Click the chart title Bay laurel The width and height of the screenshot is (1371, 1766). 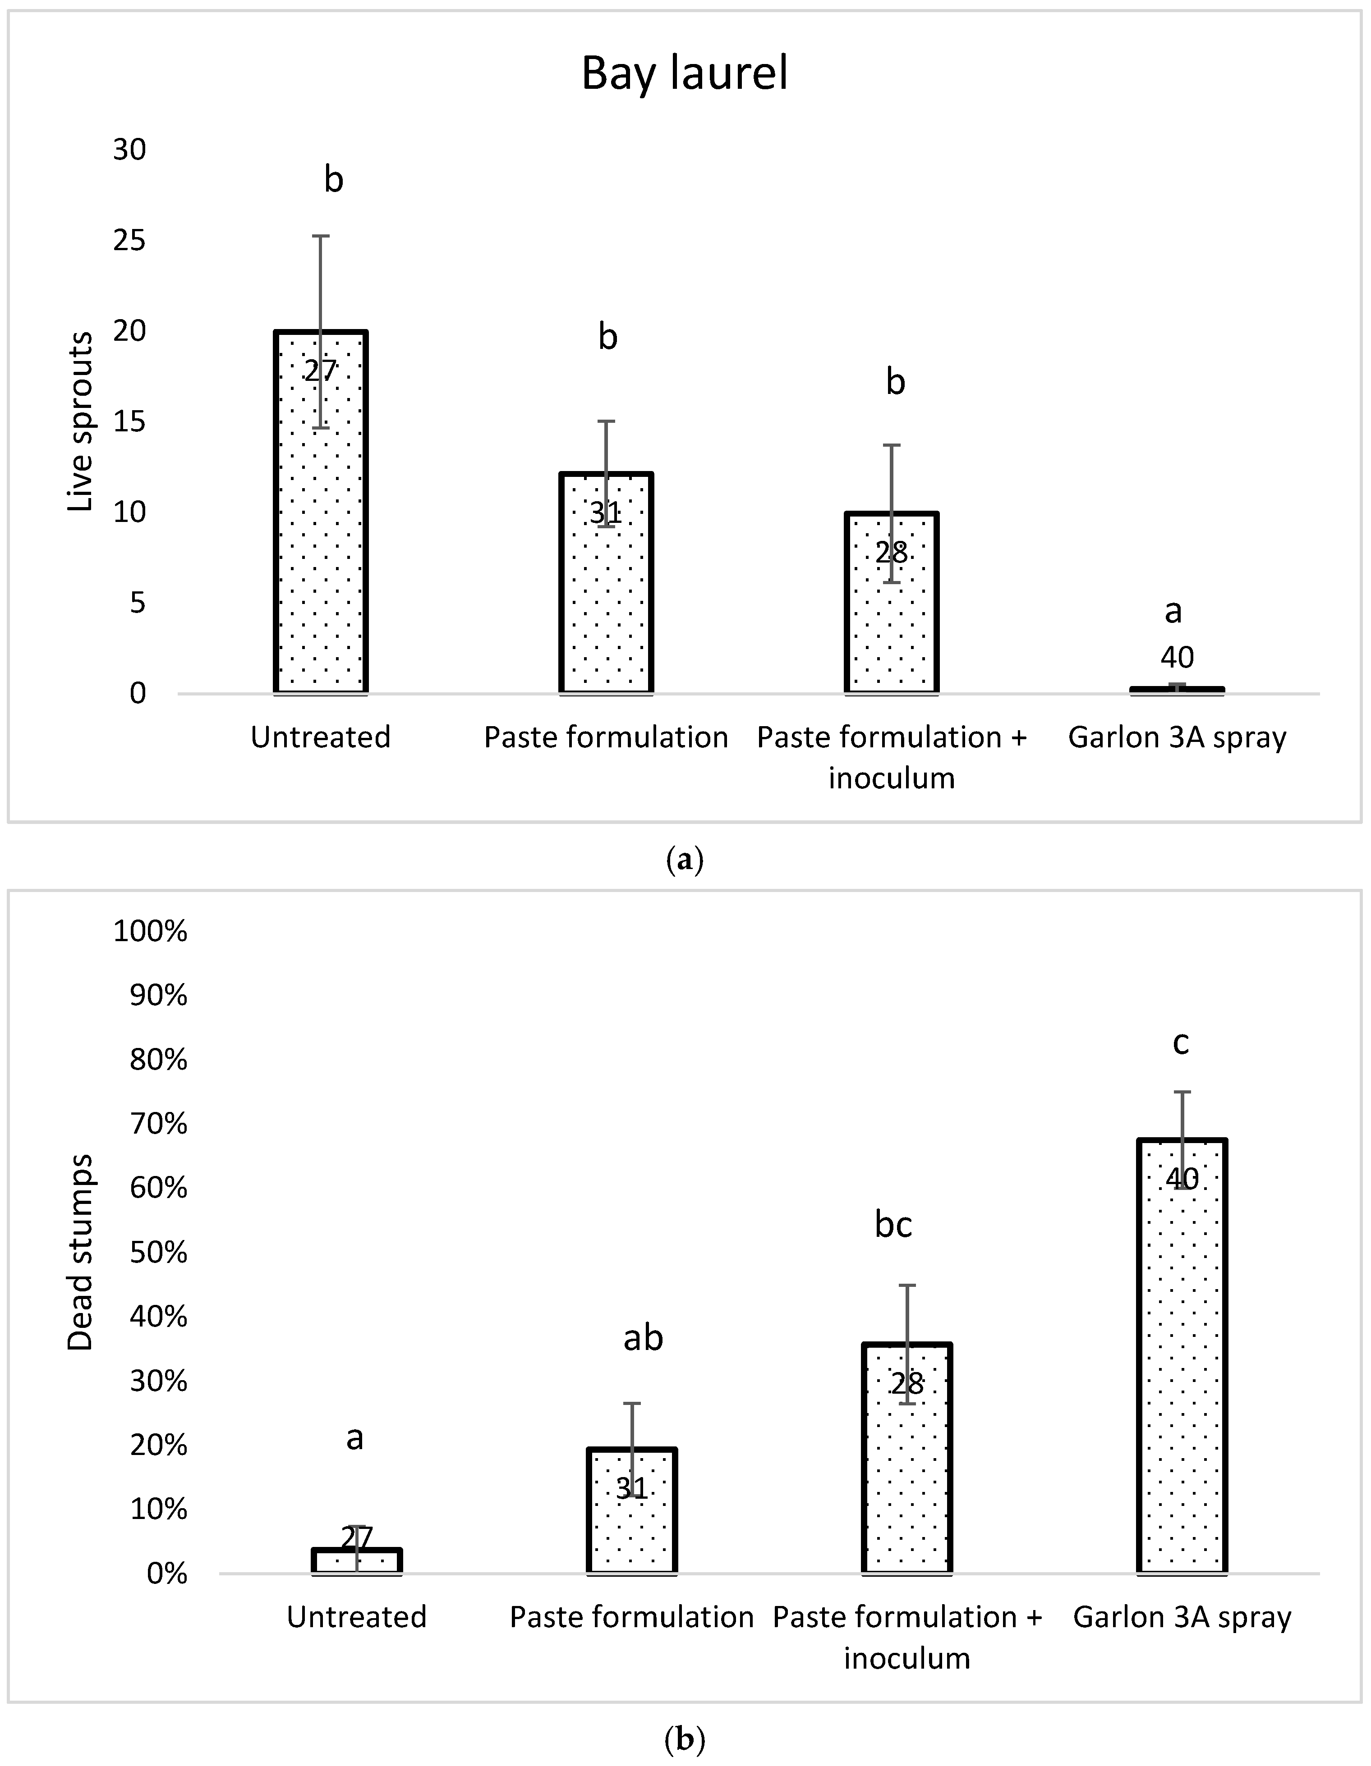pos(684,73)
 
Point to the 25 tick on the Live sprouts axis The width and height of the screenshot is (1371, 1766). pos(129,240)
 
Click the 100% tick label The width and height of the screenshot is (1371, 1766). pos(151,932)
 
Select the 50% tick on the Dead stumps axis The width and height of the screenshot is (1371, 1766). pos(159,1253)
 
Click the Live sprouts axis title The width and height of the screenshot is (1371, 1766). pos(81,421)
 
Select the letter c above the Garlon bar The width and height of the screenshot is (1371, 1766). pos(1181,1043)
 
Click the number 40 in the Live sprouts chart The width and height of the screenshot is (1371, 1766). pos(1177,657)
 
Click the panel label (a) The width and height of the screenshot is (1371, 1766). pos(684,859)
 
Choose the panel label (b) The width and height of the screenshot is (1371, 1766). pos(684,1739)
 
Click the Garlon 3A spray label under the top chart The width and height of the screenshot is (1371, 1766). pos(1177,737)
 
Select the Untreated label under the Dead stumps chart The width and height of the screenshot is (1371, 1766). pos(357,1617)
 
